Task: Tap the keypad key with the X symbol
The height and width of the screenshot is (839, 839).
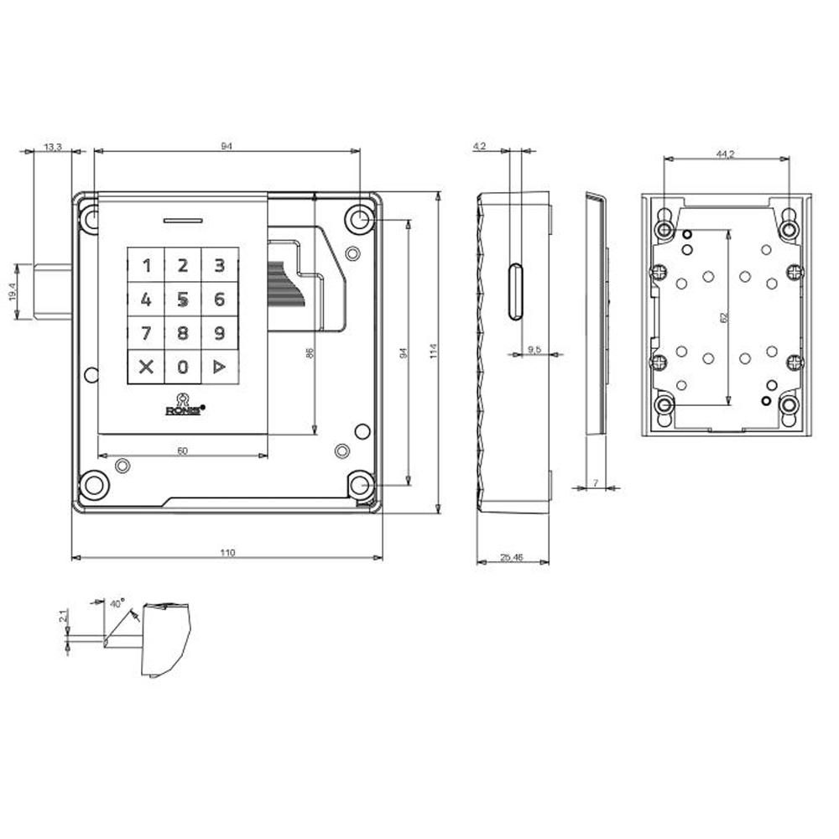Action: (147, 367)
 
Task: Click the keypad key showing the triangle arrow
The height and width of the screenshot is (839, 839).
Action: (219, 367)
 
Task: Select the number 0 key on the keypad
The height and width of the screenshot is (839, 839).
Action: (183, 367)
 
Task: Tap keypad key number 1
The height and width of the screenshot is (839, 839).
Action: (147, 267)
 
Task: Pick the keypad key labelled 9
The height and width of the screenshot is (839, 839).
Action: (219, 333)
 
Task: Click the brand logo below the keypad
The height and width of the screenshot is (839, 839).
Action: (182, 406)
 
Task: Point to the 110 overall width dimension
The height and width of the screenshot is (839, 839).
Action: (227, 552)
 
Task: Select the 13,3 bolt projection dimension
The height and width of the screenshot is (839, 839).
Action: (52, 148)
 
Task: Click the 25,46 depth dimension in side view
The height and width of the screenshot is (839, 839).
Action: (512, 557)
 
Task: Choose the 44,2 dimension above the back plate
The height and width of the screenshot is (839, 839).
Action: (726, 154)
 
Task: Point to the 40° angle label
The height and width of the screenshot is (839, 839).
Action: (117, 602)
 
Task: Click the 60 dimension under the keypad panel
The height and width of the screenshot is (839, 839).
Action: (182, 451)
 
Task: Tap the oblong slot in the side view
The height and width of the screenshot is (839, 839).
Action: (515, 291)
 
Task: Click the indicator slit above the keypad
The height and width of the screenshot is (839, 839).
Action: (183, 221)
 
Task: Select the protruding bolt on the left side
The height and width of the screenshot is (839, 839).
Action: (53, 290)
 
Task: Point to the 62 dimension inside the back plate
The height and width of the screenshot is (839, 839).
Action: (722, 318)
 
